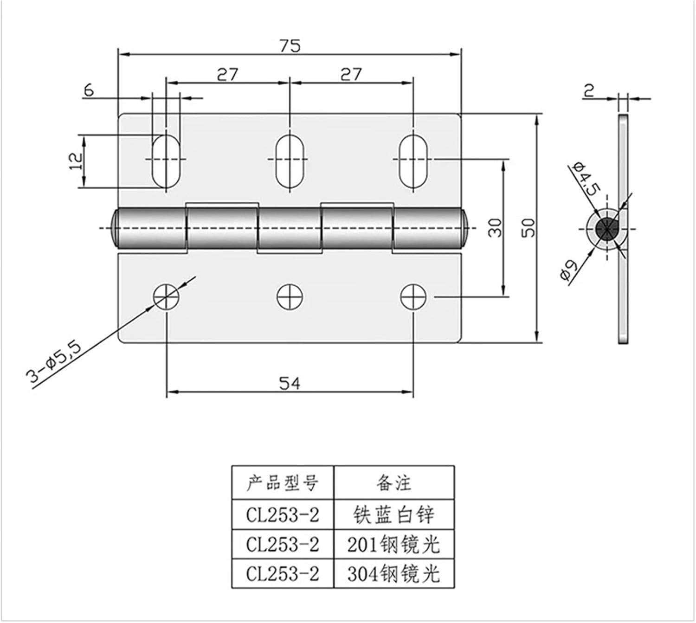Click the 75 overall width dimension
tap(290, 45)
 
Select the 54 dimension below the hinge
tap(290, 383)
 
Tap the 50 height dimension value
tap(528, 227)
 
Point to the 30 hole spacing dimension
tap(496, 227)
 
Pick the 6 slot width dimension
tap(88, 90)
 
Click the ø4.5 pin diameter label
tap(586, 179)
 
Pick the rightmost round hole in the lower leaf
tap(413, 297)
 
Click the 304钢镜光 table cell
tap(393, 574)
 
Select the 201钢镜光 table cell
tap(393, 544)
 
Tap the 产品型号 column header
tap(283, 483)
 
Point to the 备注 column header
tap(393, 483)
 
